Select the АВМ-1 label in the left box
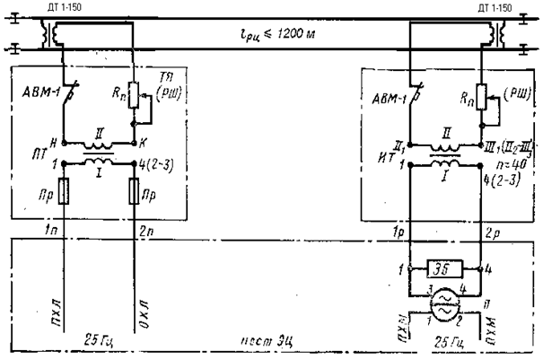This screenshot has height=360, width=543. pos(39,92)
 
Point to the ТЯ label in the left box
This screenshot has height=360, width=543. pos(162,79)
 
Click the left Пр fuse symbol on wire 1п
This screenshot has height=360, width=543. pos(65,192)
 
